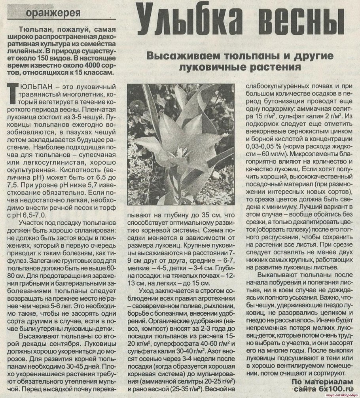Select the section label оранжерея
pos(53,13)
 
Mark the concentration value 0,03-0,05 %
pos(264,146)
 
